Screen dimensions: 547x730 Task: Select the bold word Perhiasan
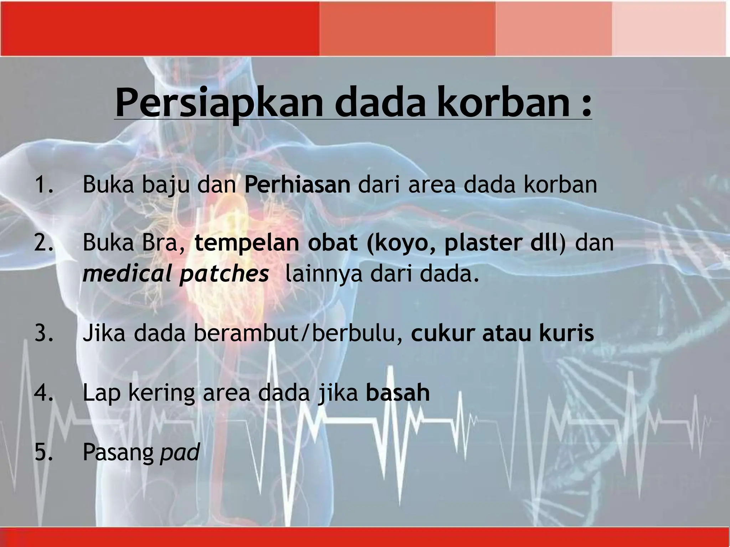[x=297, y=185]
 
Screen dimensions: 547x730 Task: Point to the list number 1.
[x=43, y=185]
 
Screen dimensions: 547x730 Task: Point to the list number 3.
[x=43, y=333]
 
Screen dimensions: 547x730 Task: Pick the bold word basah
[x=398, y=393]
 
